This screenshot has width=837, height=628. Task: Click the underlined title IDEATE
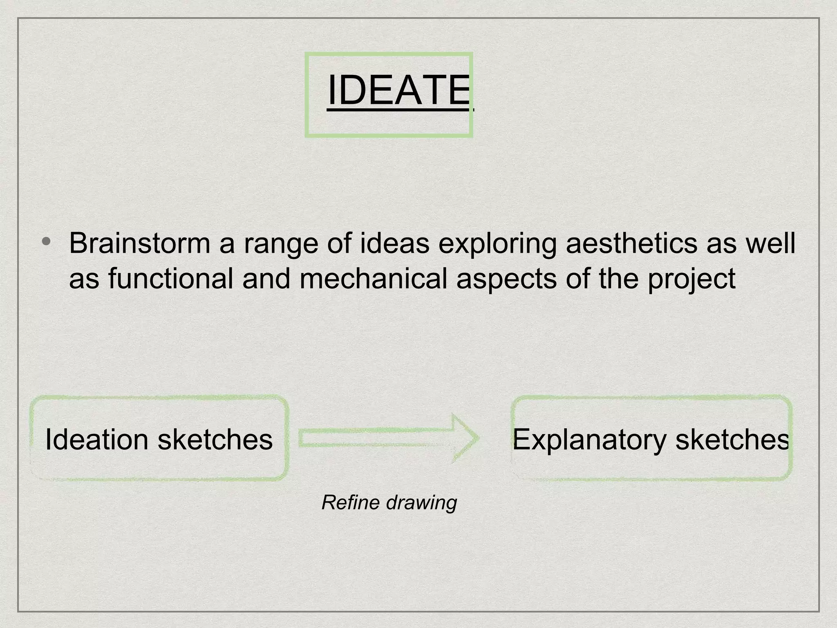[x=398, y=90]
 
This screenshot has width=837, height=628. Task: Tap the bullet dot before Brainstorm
[x=46, y=241]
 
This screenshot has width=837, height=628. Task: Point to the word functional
[x=171, y=278]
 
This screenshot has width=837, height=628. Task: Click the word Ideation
[x=96, y=440]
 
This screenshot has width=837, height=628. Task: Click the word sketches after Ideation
[x=215, y=440]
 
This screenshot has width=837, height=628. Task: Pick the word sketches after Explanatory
[x=732, y=440]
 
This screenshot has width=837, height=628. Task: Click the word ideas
[x=394, y=243]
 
